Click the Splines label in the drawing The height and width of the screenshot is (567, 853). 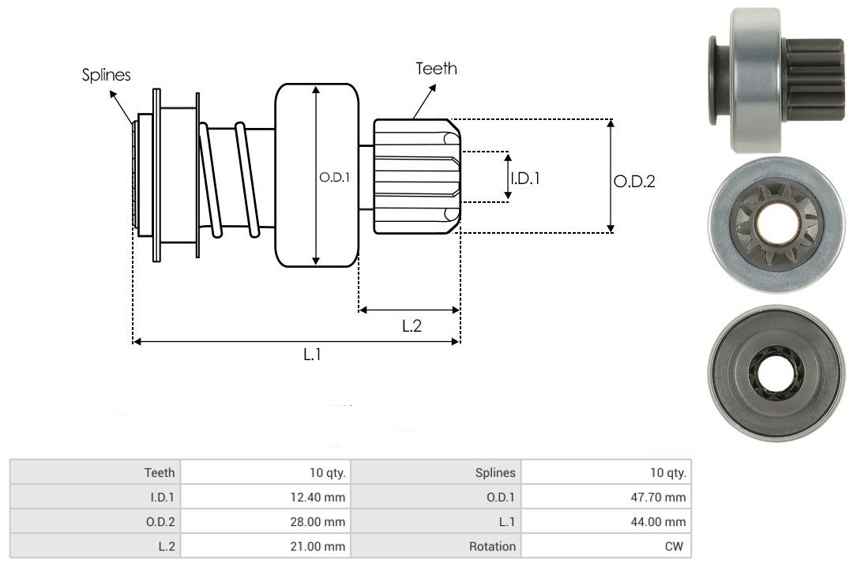tap(106, 74)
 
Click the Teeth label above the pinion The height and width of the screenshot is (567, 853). tap(436, 69)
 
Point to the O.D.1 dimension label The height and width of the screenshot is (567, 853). tap(334, 178)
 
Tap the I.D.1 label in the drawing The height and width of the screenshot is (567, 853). tap(525, 178)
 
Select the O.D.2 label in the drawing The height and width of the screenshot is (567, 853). tap(634, 182)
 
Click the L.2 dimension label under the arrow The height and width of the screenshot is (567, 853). tap(411, 326)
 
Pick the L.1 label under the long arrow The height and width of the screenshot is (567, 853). tap(312, 355)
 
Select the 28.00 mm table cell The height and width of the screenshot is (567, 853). tap(318, 522)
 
